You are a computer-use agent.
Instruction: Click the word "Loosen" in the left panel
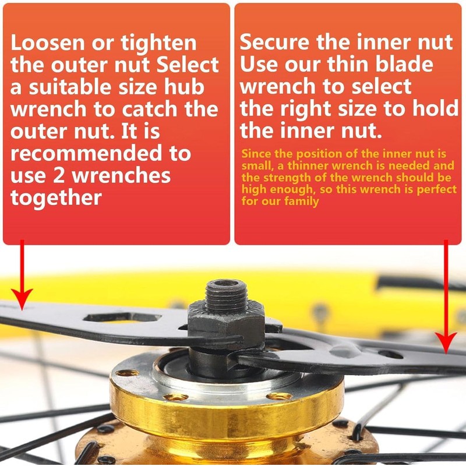47,43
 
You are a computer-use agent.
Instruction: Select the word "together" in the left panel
56,198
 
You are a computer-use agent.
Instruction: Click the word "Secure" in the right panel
274,42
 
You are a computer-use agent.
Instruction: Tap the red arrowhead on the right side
446,343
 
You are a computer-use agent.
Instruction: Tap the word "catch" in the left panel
151,110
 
